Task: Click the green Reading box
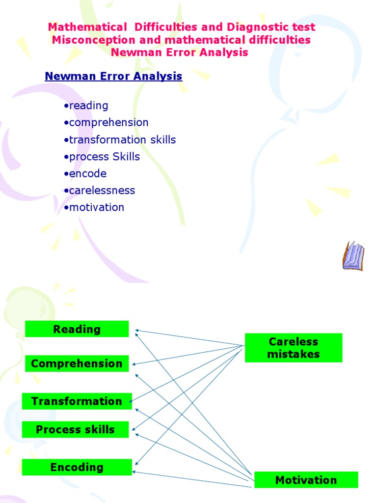[77, 329]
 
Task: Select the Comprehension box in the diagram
[77, 363]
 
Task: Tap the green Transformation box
[77, 401]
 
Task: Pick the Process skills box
[75, 430]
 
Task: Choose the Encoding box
[77, 467]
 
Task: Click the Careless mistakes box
[294, 348]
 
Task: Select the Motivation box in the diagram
[306, 480]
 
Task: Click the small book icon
[353, 255]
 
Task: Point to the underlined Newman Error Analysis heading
[113, 77]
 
